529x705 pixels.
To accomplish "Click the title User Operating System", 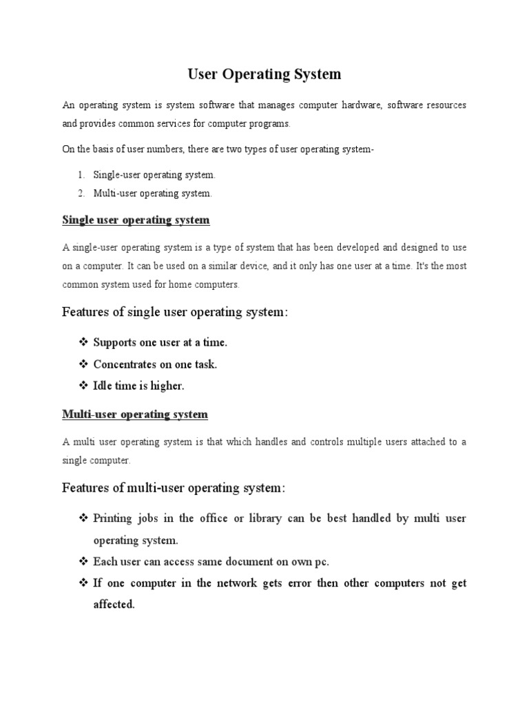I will pyautogui.click(x=264, y=73).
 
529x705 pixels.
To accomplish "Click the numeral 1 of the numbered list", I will pyautogui.click(x=81, y=176).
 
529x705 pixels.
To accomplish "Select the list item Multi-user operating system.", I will pyautogui.click(x=153, y=193).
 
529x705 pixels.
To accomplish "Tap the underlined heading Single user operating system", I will pyautogui.click(x=136, y=220).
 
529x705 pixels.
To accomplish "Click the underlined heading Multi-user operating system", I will pyautogui.click(x=135, y=415).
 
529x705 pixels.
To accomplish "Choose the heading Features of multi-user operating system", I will pyautogui.click(x=174, y=488).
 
